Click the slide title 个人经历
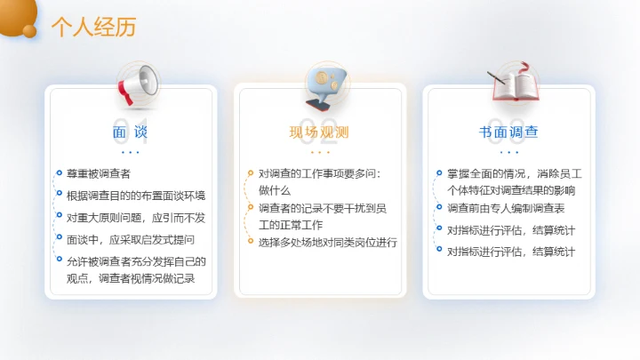(93, 28)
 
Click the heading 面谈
(131, 132)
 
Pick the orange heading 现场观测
(319, 132)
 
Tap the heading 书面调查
(508, 132)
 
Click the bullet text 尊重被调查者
(99, 173)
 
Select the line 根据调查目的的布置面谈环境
(136, 195)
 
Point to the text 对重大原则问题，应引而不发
(136, 217)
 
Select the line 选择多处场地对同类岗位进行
(327, 242)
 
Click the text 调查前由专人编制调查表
(506, 208)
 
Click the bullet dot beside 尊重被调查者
(59, 173)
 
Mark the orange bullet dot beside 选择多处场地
(250, 242)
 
